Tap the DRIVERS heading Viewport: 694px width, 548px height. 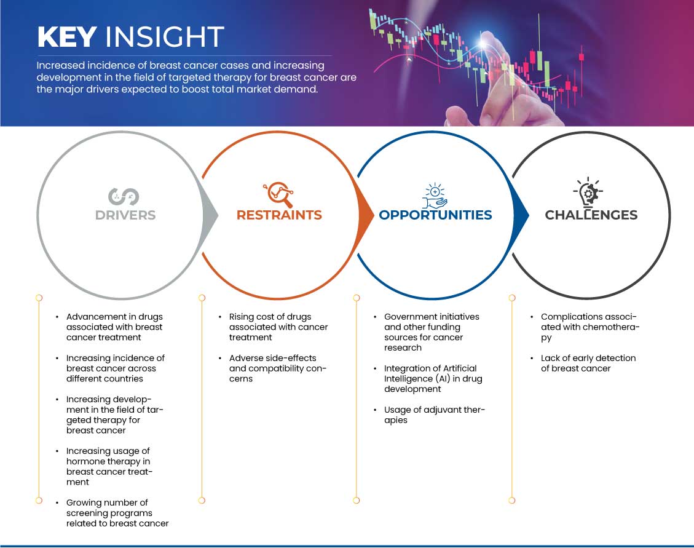(x=125, y=215)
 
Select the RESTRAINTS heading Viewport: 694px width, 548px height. (x=279, y=215)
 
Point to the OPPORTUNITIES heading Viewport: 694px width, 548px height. (x=436, y=215)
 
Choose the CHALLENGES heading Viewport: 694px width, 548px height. (x=591, y=215)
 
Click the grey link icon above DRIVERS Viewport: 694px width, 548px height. (x=124, y=197)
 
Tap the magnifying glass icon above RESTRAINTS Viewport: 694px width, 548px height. (x=279, y=194)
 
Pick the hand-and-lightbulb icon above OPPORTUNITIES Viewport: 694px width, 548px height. (x=435, y=196)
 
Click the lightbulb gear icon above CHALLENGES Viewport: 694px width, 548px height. (x=588, y=193)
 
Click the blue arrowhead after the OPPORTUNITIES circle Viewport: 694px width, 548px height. (x=521, y=216)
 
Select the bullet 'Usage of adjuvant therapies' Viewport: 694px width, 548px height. (x=435, y=415)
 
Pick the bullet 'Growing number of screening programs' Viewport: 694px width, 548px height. (x=117, y=513)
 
